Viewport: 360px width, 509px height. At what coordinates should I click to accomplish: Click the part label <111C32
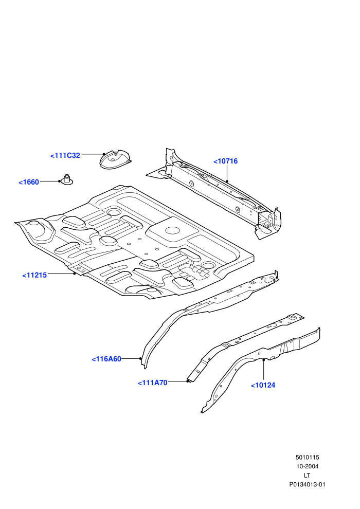pos(65,155)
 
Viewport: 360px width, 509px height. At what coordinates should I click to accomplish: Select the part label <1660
pos(29,182)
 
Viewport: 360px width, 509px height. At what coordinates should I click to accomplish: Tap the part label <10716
pos(226,161)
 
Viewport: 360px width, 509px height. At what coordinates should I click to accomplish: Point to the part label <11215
pos(34,275)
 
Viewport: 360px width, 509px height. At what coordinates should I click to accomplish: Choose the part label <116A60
pos(106,359)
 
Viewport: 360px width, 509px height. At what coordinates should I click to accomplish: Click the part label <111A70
pos(153,383)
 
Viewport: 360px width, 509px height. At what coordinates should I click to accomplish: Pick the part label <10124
pos(263,385)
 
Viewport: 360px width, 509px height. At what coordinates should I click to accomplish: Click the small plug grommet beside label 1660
pos(67,180)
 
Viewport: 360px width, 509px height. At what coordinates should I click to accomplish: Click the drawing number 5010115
pos(307,458)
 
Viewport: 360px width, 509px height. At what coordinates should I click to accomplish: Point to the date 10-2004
pos(307,466)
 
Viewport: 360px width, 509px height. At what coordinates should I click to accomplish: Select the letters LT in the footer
pos(307,476)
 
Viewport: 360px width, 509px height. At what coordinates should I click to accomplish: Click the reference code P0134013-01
pos(307,485)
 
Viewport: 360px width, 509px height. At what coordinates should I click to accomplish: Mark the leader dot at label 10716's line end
pos(227,181)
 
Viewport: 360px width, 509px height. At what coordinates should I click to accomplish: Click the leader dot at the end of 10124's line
pos(264,360)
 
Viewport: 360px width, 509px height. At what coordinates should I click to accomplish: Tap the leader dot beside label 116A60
pos(140,359)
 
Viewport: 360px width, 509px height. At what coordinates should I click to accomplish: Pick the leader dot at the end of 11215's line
pos(75,274)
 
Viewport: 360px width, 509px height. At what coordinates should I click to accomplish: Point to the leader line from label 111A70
pos(178,381)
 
